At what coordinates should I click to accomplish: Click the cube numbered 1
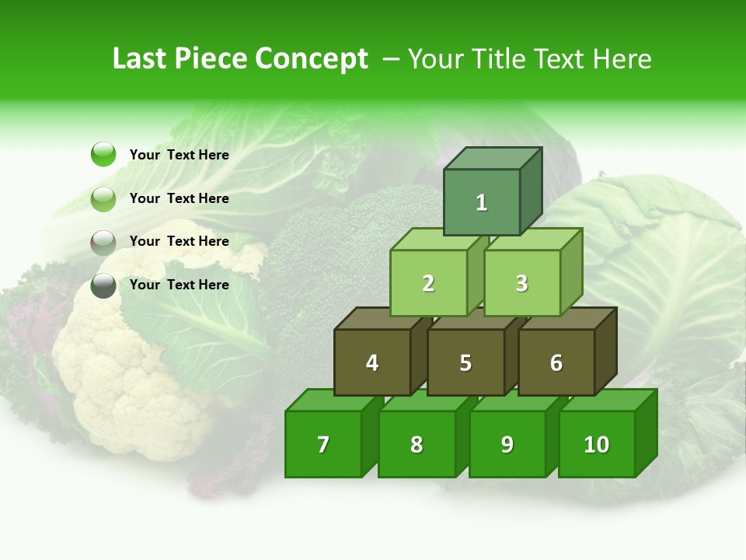point(482,202)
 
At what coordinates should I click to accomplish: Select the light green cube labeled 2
point(428,283)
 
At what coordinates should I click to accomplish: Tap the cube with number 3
point(521,283)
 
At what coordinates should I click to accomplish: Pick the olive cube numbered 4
point(372,362)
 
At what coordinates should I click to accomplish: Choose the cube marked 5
point(465,362)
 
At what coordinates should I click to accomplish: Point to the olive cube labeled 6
point(556,362)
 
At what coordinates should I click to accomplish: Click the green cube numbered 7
point(323,444)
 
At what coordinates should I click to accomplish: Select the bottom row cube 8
point(417,444)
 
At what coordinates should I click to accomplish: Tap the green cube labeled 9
point(507,444)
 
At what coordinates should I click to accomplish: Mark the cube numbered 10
point(596,444)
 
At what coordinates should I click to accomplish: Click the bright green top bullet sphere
point(103,154)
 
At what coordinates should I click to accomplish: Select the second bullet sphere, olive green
point(103,198)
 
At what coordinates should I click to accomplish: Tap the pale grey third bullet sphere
point(103,242)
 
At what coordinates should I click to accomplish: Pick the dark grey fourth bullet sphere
point(103,285)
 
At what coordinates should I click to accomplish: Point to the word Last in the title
point(141,59)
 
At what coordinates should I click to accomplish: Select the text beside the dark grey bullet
point(179,285)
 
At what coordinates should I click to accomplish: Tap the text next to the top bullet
point(179,155)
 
